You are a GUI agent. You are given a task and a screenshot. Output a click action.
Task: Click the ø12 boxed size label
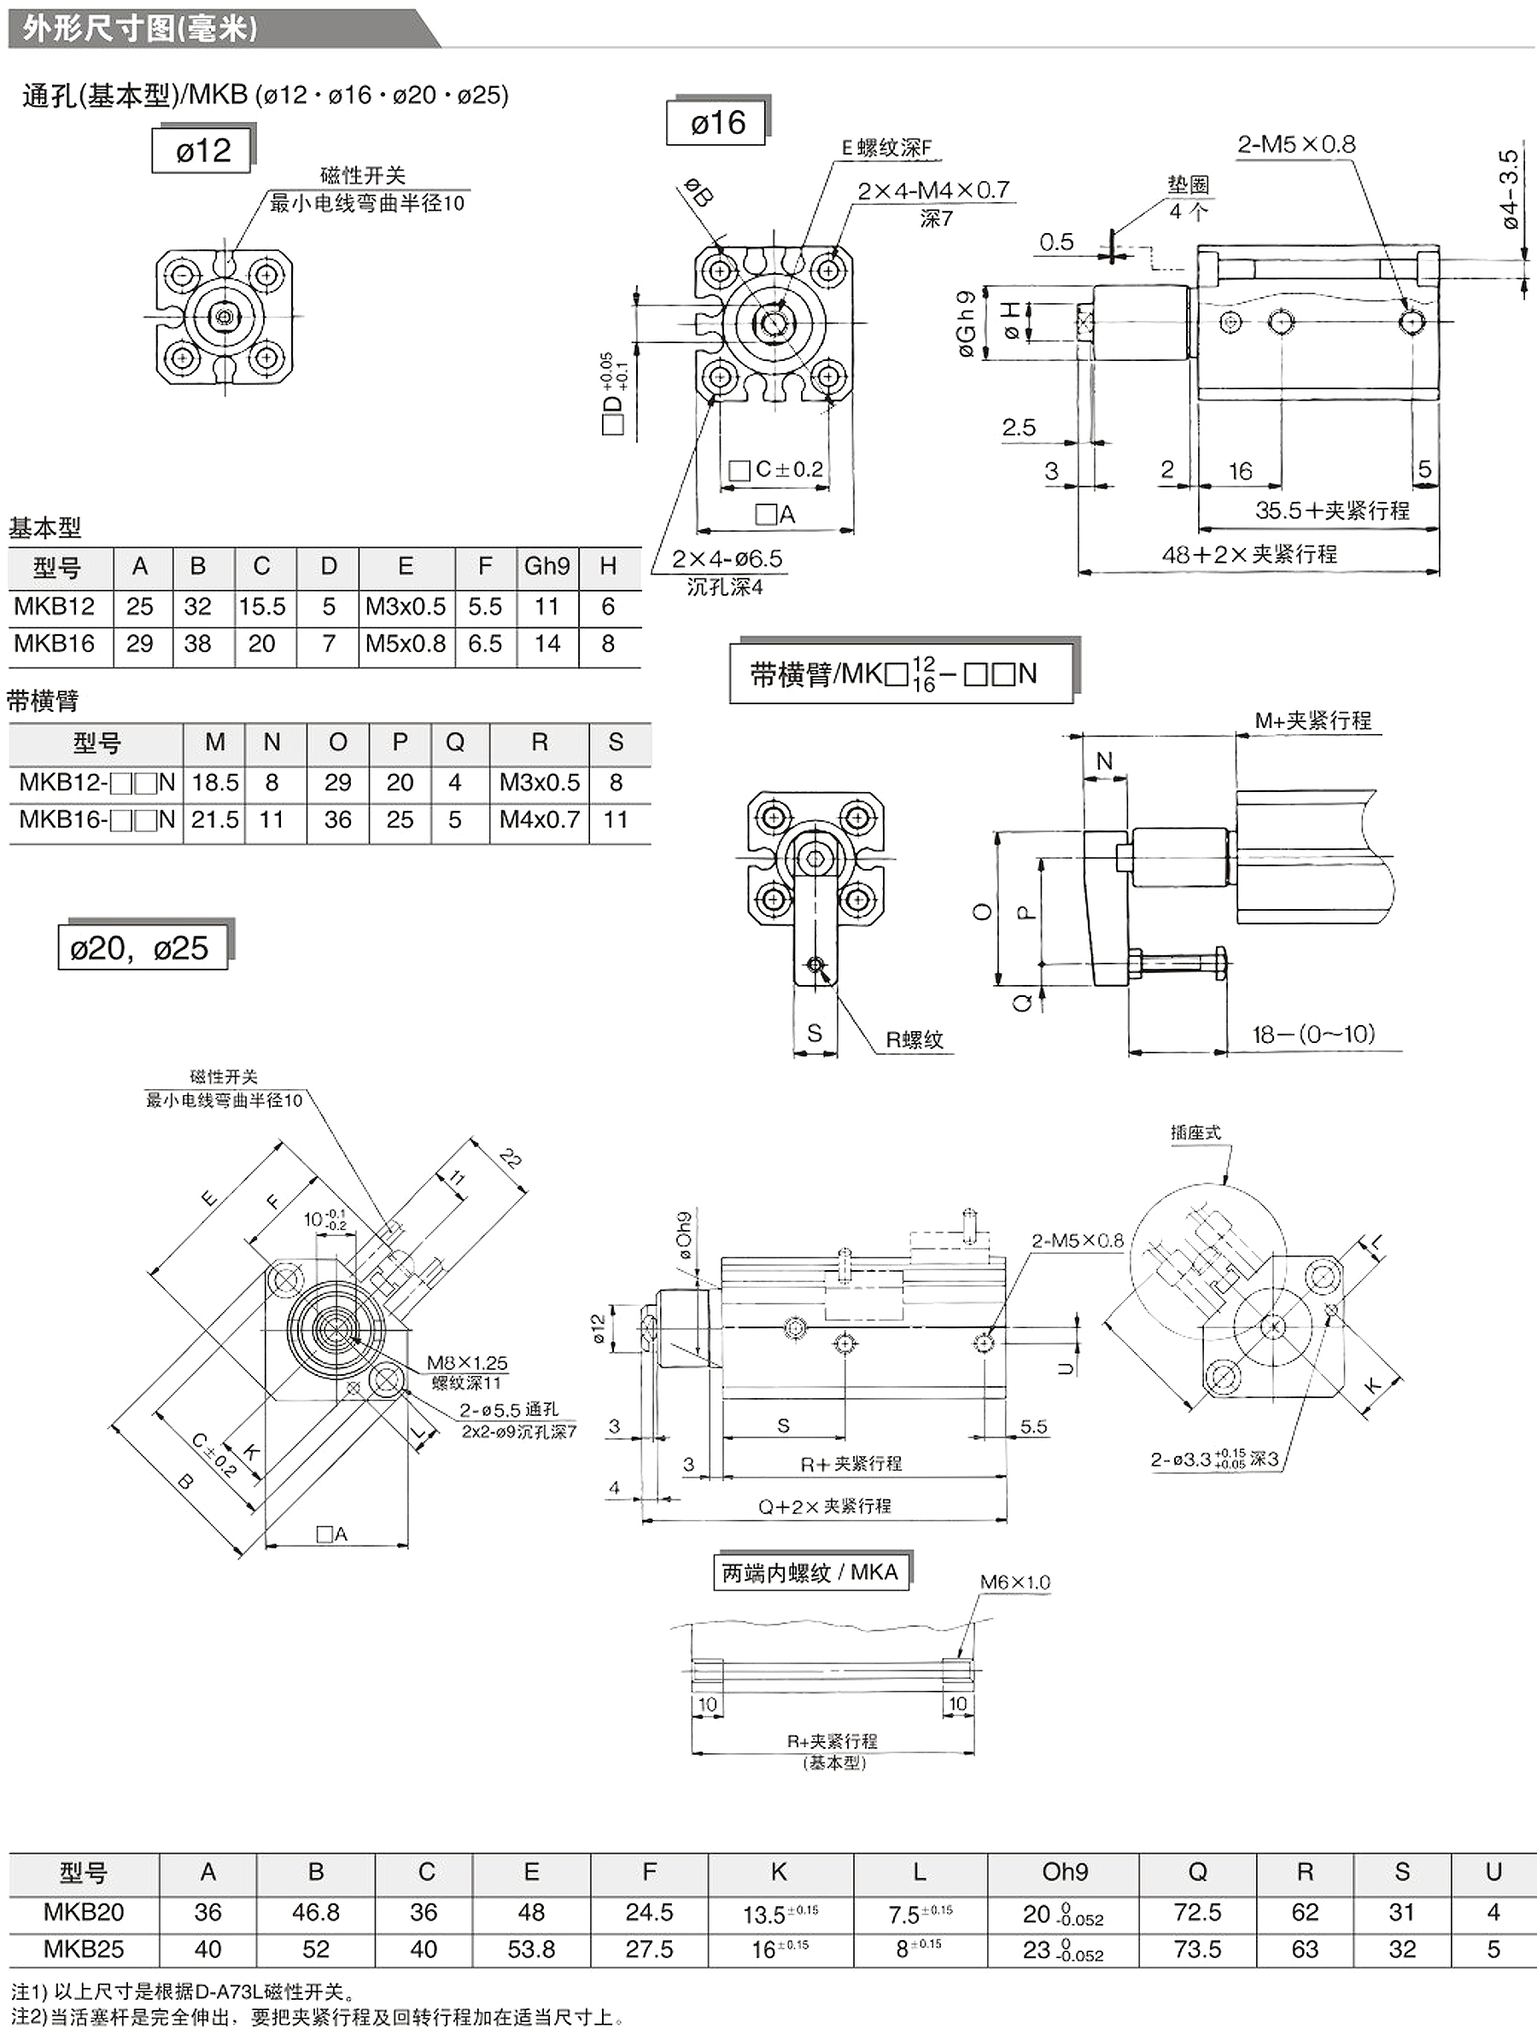pyautogui.click(x=202, y=150)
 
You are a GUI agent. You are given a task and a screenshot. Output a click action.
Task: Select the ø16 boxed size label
pyautogui.click(x=718, y=122)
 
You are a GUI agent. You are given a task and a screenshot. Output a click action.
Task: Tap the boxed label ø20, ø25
pyautogui.click(x=140, y=947)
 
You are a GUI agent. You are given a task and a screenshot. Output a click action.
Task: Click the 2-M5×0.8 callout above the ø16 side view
pyautogui.click(x=1296, y=144)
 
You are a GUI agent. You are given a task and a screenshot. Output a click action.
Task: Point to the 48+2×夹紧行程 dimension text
pyautogui.click(x=1249, y=554)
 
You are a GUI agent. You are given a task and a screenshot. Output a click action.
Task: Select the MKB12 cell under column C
pyautogui.click(x=262, y=606)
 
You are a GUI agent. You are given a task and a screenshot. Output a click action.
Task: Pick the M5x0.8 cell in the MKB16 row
pyautogui.click(x=406, y=644)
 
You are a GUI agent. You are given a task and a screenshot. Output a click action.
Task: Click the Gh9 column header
pyautogui.click(x=546, y=567)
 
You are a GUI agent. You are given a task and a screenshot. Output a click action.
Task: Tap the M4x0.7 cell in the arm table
pyautogui.click(x=540, y=819)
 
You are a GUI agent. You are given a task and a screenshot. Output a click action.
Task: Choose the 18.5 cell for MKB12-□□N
pyautogui.click(x=214, y=782)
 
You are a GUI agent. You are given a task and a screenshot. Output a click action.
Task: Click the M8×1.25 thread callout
pyautogui.click(x=467, y=1362)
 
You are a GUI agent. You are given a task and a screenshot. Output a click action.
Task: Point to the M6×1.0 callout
pyautogui.click(x=1015, y=1582)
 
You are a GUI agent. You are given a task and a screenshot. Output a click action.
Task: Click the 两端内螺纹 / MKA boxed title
pyautogui.click(x=809, y=1572)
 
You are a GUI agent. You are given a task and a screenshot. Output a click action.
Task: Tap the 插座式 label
pyautogui.click(x=1195, y=1133)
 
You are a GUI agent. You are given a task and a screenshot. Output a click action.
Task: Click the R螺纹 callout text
pyautogui.click(x=915, y=1040)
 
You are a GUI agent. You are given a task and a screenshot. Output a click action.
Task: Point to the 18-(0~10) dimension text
pyautogui.click(x=1314, y=1034)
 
